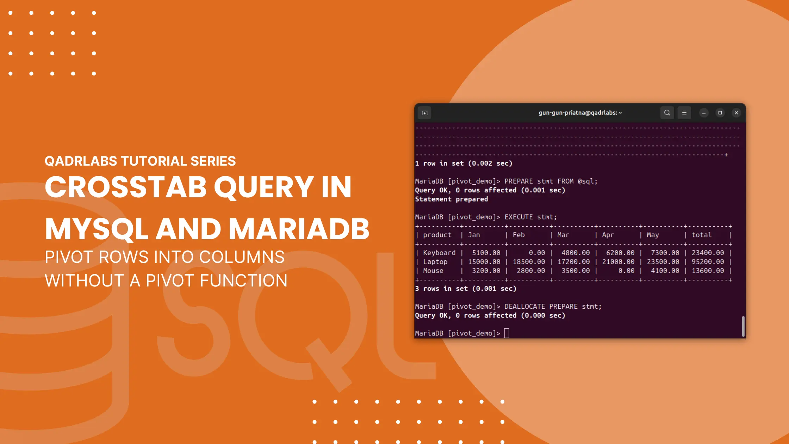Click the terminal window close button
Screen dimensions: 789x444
coord(736,113)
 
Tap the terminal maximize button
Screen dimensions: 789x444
coord(720,113)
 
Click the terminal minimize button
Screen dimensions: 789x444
coord(704,113)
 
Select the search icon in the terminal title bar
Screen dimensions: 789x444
coord(667,113)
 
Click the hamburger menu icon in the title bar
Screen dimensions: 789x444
coord(684,113)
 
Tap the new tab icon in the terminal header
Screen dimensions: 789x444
coord(424,113)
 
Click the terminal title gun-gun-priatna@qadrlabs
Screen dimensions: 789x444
coord(580,113)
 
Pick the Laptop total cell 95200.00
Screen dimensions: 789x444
coord(708,262)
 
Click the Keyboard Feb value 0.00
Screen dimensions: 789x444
coord(537,253)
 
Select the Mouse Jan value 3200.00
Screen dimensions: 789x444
coord(486,271)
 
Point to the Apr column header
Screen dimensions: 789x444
coord(608,235)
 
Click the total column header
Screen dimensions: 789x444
coord(701,235)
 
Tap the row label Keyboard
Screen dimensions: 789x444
coord(439,253)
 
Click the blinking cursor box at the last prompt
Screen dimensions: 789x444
coord(507,333)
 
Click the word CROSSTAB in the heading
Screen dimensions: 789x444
coord(126,187)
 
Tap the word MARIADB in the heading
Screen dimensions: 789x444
coord(299,229)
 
